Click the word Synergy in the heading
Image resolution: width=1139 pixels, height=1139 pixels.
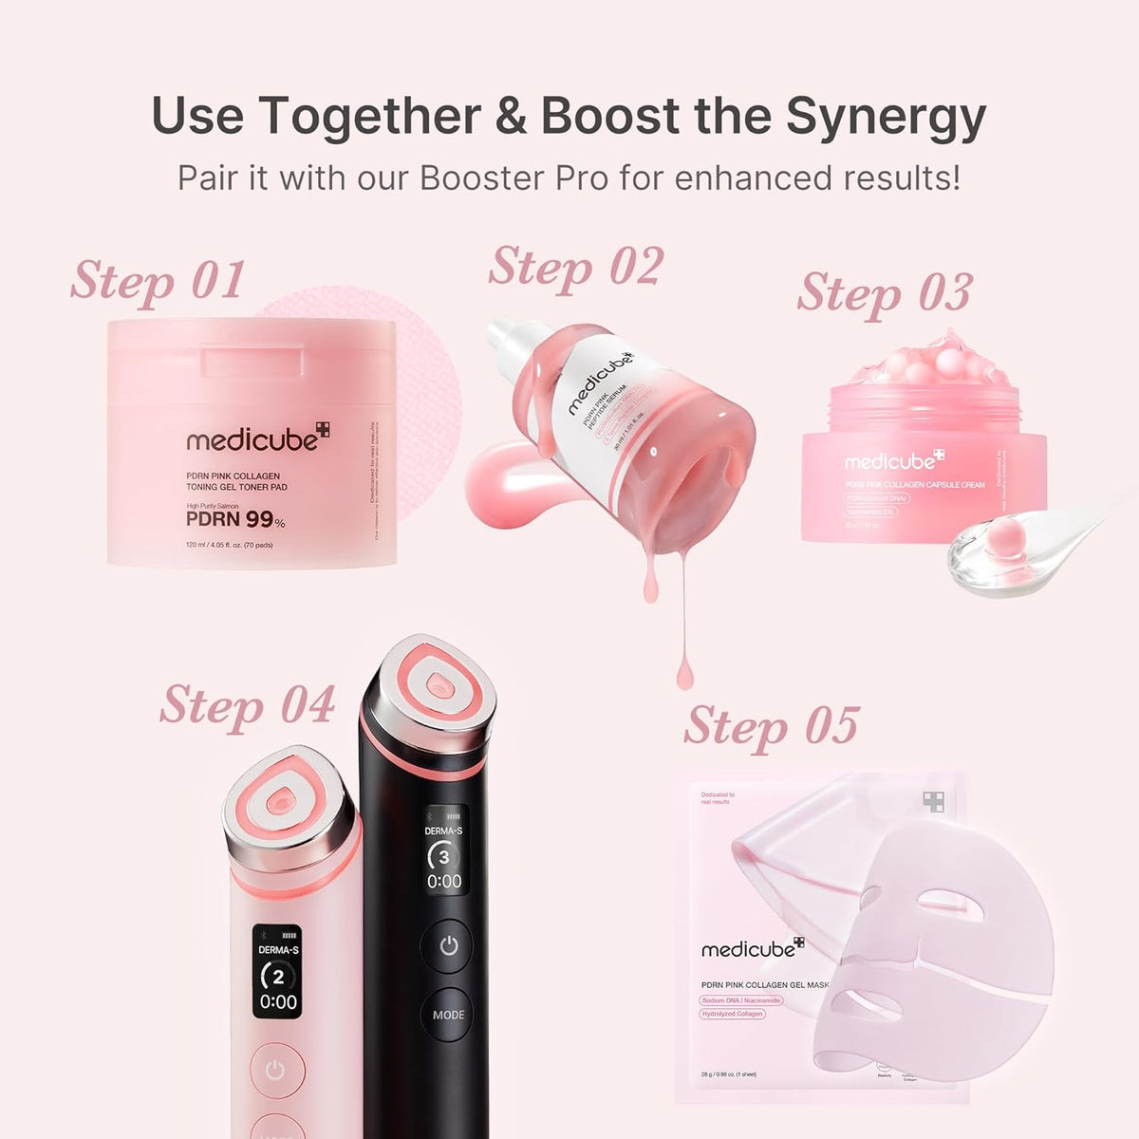(x=885, y=117)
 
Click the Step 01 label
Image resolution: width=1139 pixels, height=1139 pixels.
(x=158, y=282)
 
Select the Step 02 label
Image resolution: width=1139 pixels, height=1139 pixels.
(x=575, y=268)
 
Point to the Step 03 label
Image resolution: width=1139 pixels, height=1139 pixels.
(x=885, y=293)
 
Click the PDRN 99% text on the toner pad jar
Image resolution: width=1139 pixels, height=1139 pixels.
(x=234, y=519)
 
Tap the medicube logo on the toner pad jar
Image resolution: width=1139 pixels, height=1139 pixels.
(x=257, y=439)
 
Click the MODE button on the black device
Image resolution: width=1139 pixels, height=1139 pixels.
(x=448, y=1014)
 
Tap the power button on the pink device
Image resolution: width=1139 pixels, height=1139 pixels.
(x=275, y=1071)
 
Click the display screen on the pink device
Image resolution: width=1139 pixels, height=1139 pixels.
(x=278, y=971)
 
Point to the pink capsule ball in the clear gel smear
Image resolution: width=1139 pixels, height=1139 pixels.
(x=999, y=542)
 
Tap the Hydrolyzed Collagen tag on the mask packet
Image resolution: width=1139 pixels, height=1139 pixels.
(x=732, y=1014)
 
